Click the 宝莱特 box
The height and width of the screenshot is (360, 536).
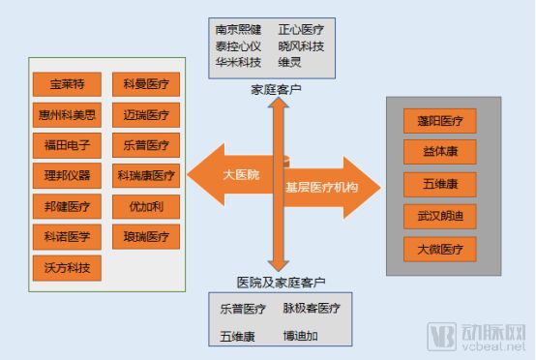(67, 83)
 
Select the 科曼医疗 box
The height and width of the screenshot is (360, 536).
(146, 83)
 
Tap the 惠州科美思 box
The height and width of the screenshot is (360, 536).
(67, 114)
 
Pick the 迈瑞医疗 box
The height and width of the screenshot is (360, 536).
(146, 114)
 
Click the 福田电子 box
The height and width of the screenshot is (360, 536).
(67, 145)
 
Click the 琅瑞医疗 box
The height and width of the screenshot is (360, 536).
(146, 236)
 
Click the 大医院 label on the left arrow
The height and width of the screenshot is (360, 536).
(240, 174)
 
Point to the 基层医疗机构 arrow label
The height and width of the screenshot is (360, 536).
(321, 185)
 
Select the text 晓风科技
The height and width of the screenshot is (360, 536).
(302, 45)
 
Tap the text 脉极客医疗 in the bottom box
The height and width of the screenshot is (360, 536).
(311, 309)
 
